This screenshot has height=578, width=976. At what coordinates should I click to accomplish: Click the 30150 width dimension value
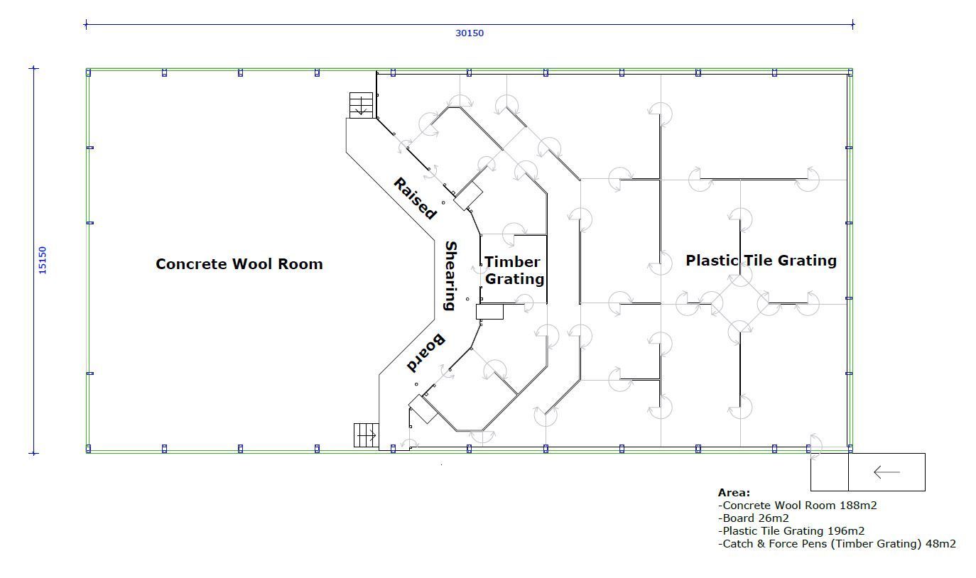point(470,33)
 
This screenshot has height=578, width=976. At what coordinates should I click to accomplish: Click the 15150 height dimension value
point(42,261)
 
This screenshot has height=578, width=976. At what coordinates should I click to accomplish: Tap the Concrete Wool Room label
point(239,264)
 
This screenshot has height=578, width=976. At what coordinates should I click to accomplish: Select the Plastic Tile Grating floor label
point(761,261)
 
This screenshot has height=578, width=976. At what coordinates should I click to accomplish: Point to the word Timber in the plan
point(512,262)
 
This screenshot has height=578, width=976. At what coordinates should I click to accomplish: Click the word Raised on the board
point(414,199)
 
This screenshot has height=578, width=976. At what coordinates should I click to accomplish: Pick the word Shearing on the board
point(450,276)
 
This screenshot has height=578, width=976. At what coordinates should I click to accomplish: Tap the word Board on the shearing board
point(425,353)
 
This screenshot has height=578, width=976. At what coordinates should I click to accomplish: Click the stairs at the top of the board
point(362,105)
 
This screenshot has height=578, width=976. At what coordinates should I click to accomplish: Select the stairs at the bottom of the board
point(367,435)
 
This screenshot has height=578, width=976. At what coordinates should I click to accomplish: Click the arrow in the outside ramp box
point(886,472)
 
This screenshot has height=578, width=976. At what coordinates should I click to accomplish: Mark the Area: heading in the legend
point(734,493)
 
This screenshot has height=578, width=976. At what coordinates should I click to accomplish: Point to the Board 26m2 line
point(754,518)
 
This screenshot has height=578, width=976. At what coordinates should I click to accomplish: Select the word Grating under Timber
point(514,279)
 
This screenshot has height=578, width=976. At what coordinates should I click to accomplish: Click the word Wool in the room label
point(253,264)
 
